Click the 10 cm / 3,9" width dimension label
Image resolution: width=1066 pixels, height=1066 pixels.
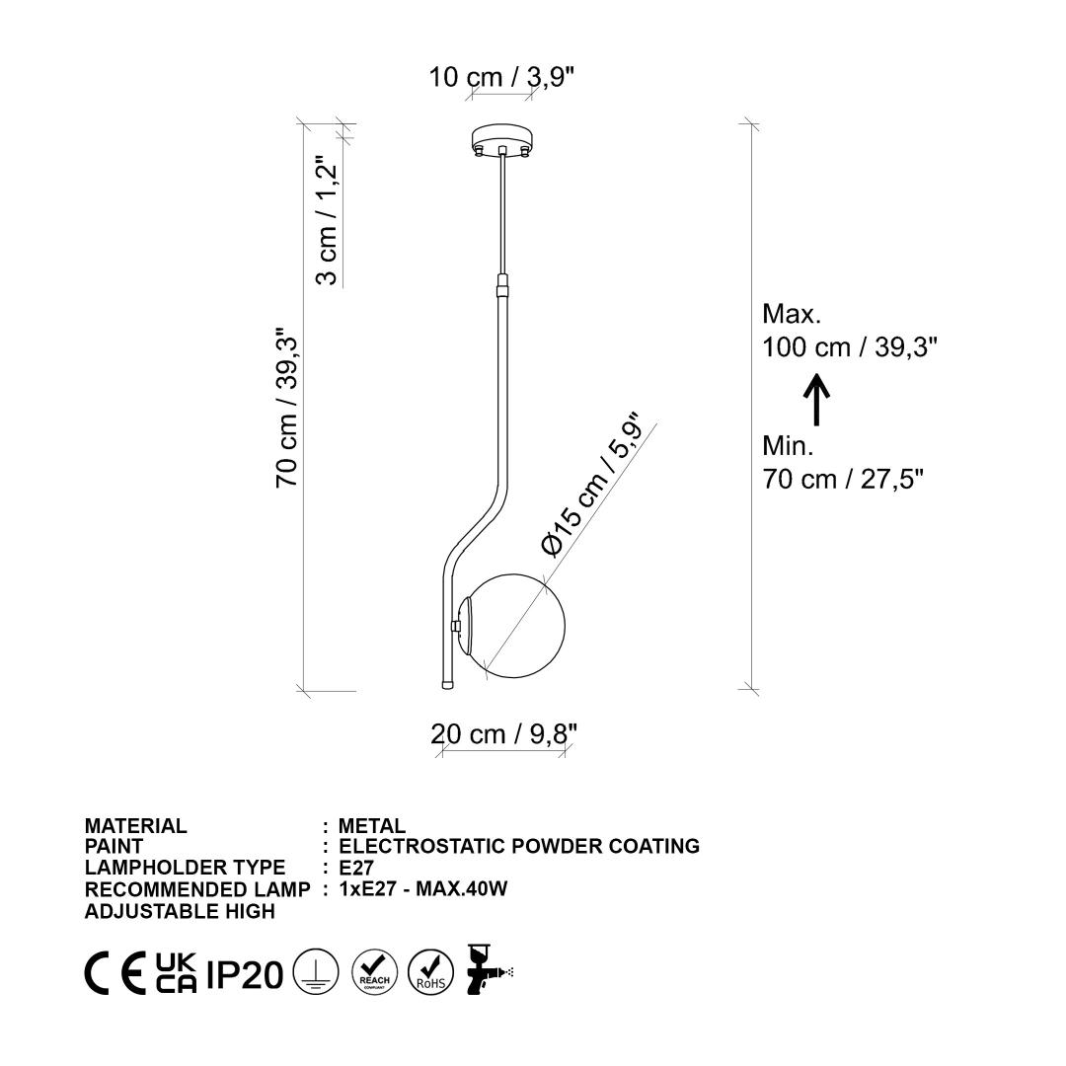501,77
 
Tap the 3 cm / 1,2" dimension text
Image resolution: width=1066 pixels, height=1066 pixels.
327,222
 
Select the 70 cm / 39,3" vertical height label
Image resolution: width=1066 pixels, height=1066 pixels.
286,408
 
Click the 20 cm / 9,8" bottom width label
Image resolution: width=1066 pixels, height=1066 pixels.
503,734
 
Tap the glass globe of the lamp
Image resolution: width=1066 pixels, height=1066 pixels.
516,626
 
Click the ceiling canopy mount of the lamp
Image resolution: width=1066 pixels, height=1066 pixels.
501,140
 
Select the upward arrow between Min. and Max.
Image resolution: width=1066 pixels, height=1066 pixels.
816,400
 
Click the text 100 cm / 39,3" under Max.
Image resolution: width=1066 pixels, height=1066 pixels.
850,347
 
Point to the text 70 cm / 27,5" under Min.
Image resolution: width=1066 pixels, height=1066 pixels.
843,480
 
